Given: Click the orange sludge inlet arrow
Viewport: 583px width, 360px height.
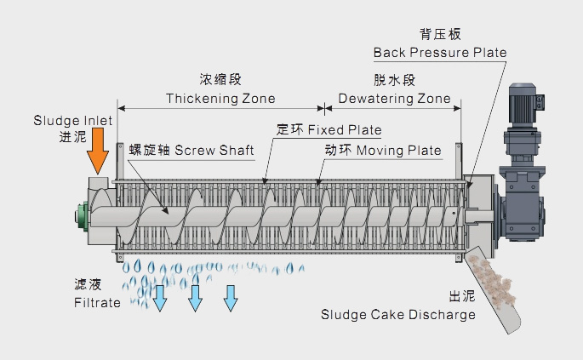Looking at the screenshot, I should click(99, 156).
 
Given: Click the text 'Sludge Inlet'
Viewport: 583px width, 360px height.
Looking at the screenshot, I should click(73, 121).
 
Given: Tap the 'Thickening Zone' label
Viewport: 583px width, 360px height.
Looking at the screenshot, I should click(220, 99).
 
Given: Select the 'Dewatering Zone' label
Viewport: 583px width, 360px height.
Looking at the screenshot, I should click(394, 99).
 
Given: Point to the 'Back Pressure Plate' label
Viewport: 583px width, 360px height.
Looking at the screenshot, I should click(440, 53).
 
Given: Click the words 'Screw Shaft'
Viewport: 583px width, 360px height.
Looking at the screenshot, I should click(214, 151).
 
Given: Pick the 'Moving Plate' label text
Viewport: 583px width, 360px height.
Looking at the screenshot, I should click(399, 151).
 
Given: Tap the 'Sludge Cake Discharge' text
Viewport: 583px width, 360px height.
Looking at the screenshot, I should click(397, 315).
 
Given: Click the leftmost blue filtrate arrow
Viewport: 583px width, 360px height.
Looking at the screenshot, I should click(160, 295).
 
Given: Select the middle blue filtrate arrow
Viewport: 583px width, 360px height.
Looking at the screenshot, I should click(195, 295).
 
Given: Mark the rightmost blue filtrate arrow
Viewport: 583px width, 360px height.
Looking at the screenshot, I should click(230, 295).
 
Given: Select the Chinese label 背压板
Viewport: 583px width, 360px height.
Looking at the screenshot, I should click(439, 35).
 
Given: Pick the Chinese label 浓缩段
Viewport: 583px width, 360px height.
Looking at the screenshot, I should click(220, 80).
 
